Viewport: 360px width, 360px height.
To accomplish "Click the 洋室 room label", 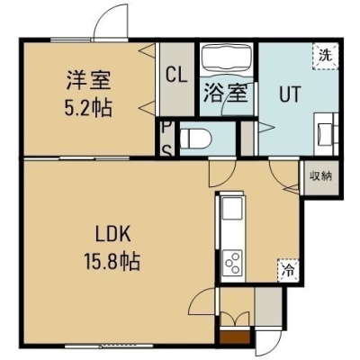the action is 89,80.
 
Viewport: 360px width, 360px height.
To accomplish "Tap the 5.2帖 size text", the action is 88,108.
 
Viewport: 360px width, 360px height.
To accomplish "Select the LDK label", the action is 113,234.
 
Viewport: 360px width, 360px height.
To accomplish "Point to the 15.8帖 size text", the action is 112,261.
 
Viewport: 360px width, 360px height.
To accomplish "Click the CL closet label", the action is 176,75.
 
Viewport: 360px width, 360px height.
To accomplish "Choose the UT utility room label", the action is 290,94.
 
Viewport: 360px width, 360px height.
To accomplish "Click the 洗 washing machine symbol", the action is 326,56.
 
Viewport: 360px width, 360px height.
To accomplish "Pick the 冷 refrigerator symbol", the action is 288,270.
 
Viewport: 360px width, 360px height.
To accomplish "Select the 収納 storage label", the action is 321,175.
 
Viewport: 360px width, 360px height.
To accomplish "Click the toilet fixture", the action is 196,139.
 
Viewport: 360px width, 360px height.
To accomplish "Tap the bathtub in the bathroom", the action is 227,58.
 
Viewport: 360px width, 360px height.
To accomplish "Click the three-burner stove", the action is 232,262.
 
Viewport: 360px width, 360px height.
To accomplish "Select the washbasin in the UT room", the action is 326,134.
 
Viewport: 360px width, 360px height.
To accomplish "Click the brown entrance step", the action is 235,337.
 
